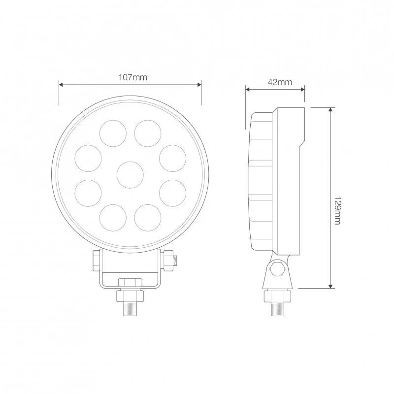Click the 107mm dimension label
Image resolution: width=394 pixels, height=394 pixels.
(x=133, y=77)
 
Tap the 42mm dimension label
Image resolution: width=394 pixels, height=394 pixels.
(x=280, y=82)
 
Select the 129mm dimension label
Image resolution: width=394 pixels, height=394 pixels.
(x=337, y=211)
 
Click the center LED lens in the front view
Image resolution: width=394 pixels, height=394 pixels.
(x=130, y=175)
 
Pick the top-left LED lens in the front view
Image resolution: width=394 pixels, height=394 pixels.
(x=113, y=133)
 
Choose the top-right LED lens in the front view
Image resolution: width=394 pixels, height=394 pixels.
(x=148, y=133)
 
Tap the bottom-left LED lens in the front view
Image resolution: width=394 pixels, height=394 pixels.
(x=113, y=218)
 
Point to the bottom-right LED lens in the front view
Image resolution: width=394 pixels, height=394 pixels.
(x=148, y=218)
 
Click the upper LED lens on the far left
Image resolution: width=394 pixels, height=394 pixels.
(x=88, y=158)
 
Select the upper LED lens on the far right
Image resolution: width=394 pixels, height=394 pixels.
(x=173, y=158)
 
